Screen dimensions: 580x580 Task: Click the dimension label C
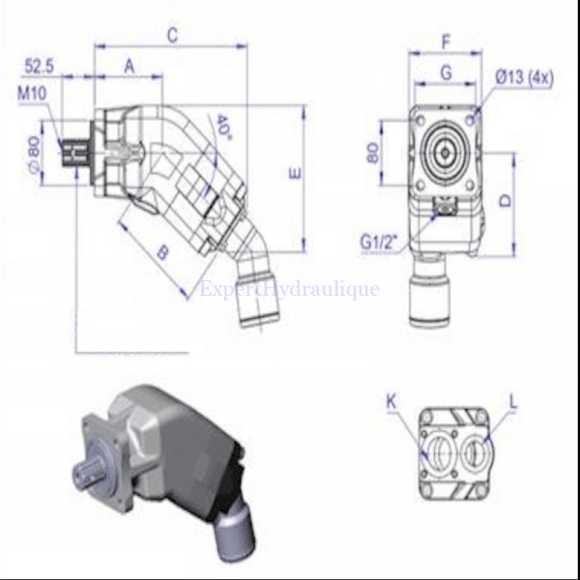172,36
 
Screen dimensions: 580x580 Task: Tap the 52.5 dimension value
39,66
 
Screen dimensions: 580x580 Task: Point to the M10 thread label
30,94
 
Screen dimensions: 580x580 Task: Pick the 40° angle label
224,126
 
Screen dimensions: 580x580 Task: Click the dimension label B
162,253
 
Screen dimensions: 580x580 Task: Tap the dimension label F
445,42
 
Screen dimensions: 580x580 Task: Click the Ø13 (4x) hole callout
523,76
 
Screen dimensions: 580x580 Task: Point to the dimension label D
505,201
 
